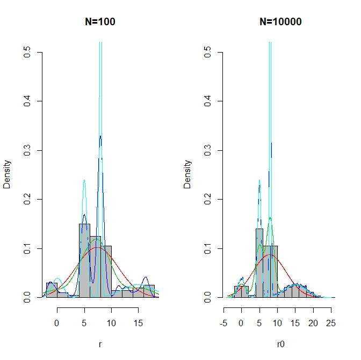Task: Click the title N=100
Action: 100,22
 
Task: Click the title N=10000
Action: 280,22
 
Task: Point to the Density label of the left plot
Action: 7,175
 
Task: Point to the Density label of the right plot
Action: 187,175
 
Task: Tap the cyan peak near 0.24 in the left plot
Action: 84,181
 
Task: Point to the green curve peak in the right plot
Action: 270,218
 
